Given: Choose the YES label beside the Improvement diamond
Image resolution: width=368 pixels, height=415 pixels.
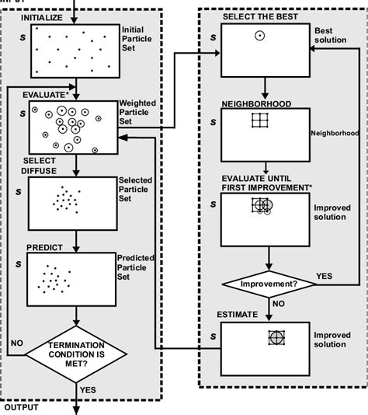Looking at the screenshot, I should coord(325,276).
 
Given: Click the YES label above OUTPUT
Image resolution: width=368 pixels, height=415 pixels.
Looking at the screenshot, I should coord(89,387).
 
